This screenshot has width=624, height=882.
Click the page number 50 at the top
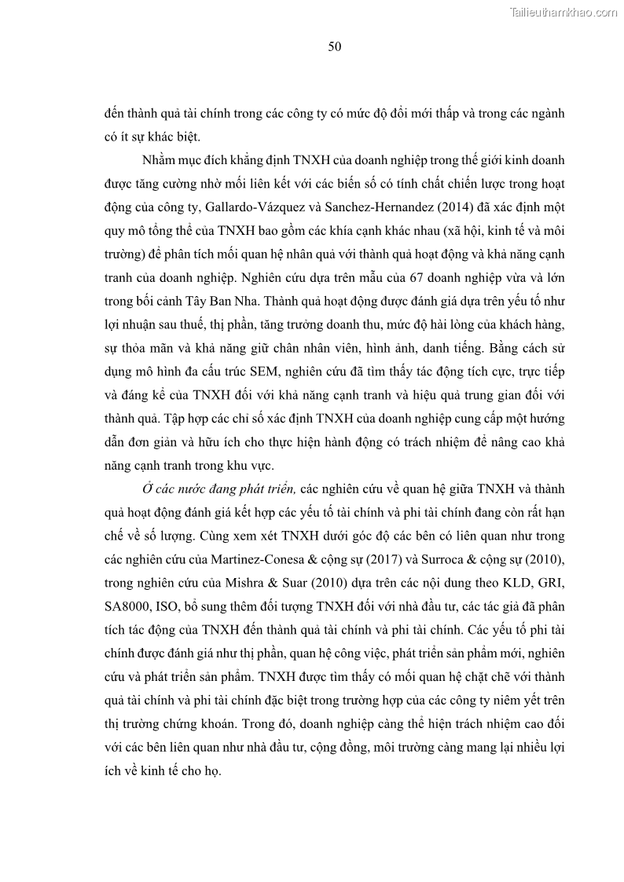(334, 47)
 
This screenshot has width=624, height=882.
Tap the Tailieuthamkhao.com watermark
(563, 12)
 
